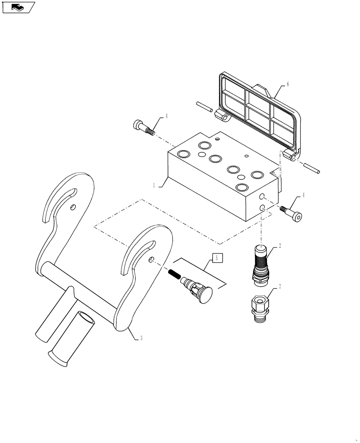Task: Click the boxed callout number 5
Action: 216,257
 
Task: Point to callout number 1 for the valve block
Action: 154,186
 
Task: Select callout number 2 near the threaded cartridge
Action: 280,245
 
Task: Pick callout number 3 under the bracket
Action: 141,338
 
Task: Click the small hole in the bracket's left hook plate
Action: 73,206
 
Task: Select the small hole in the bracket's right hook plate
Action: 152,260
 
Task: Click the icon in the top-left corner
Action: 18,8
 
